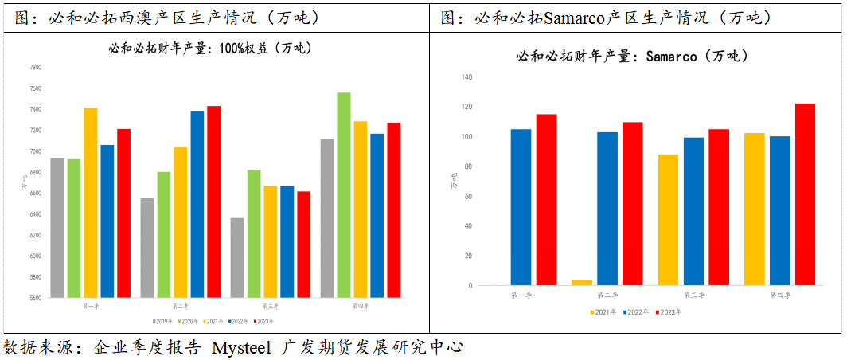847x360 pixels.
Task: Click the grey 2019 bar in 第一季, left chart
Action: (x=57, y=228)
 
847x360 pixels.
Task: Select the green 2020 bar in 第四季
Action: (x=343, y=195)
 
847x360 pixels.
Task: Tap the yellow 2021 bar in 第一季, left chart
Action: (x=90, y=202)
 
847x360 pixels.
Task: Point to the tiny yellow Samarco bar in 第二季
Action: (x=582, y=283)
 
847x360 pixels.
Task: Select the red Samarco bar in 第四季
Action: (x=805, y=194)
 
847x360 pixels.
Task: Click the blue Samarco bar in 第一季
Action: (x=521, y=207)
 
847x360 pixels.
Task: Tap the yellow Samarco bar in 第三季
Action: (x=668, y=220)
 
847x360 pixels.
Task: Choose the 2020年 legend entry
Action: (x=188, y=321)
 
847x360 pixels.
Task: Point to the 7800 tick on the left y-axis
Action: (x=35, y=68)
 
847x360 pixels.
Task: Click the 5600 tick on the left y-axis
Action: (x=35, y=298)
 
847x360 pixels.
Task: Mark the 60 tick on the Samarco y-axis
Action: (x=468, y=197)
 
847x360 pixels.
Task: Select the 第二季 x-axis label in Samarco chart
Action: (x=607, y=295)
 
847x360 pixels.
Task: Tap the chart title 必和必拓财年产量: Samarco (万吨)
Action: (x=631, y=56)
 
